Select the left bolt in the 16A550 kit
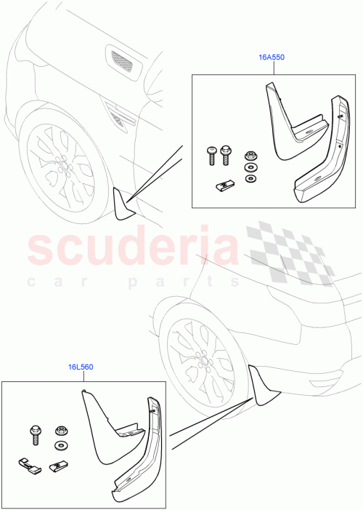coord(210,154)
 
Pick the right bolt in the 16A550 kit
coord(225,154)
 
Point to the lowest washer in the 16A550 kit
coord(250,179)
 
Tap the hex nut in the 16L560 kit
coord(60,431)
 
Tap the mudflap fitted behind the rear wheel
coord(263,386)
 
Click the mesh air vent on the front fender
coord(121,63)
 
